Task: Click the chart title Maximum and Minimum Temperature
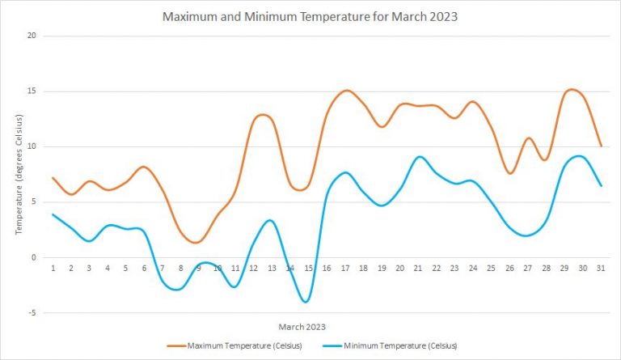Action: pos(310,16)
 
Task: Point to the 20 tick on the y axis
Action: pos(33,36)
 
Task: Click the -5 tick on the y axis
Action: pos(33,313)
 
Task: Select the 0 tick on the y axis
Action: pos(35,257)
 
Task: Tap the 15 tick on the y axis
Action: pos(33,91)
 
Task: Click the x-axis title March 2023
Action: pos(303,327)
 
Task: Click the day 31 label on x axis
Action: pos(599,268)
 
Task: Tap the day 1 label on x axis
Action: pos(53,268)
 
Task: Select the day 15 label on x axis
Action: pos(308,268)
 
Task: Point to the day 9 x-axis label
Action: pos(199,268)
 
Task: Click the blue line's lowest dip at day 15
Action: pos(306,302)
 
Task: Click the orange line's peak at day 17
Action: pos(346,90)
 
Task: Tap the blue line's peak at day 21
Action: pos(419,157)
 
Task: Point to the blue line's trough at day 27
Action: pos(526,235)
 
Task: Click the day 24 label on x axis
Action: pos(472,268)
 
